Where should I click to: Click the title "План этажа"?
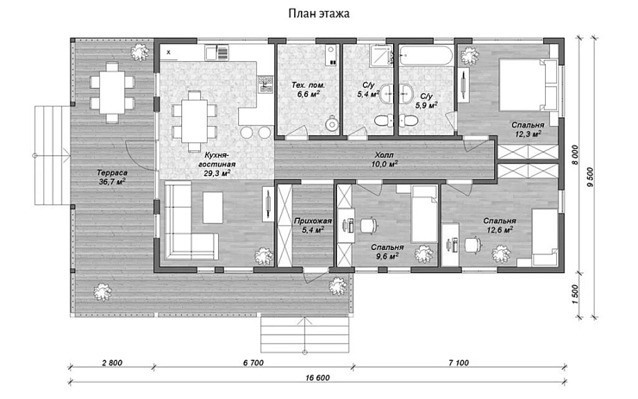tap(319, 14)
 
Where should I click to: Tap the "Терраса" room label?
tap(112, 173)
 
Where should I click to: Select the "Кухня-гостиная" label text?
tap(217, 159)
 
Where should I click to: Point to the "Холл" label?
tap(385, 155)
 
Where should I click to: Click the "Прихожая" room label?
tap(312, 221)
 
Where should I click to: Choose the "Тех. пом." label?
tap(308, 85)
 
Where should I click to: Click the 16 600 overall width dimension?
tap(317, 377)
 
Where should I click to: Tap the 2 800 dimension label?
tap(111, 363)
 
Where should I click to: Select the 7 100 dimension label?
tap(459, 363)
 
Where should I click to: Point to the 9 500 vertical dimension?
tap(591, 177)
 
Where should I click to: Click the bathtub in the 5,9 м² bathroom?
tap(426, 55)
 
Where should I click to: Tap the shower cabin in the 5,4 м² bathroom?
tap(381, 55)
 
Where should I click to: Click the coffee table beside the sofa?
tap(213, 207)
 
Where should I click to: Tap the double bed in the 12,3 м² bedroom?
tap(528, 85)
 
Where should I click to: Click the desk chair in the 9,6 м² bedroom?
tap(368, 225)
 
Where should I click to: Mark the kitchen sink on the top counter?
tap(210, 53)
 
